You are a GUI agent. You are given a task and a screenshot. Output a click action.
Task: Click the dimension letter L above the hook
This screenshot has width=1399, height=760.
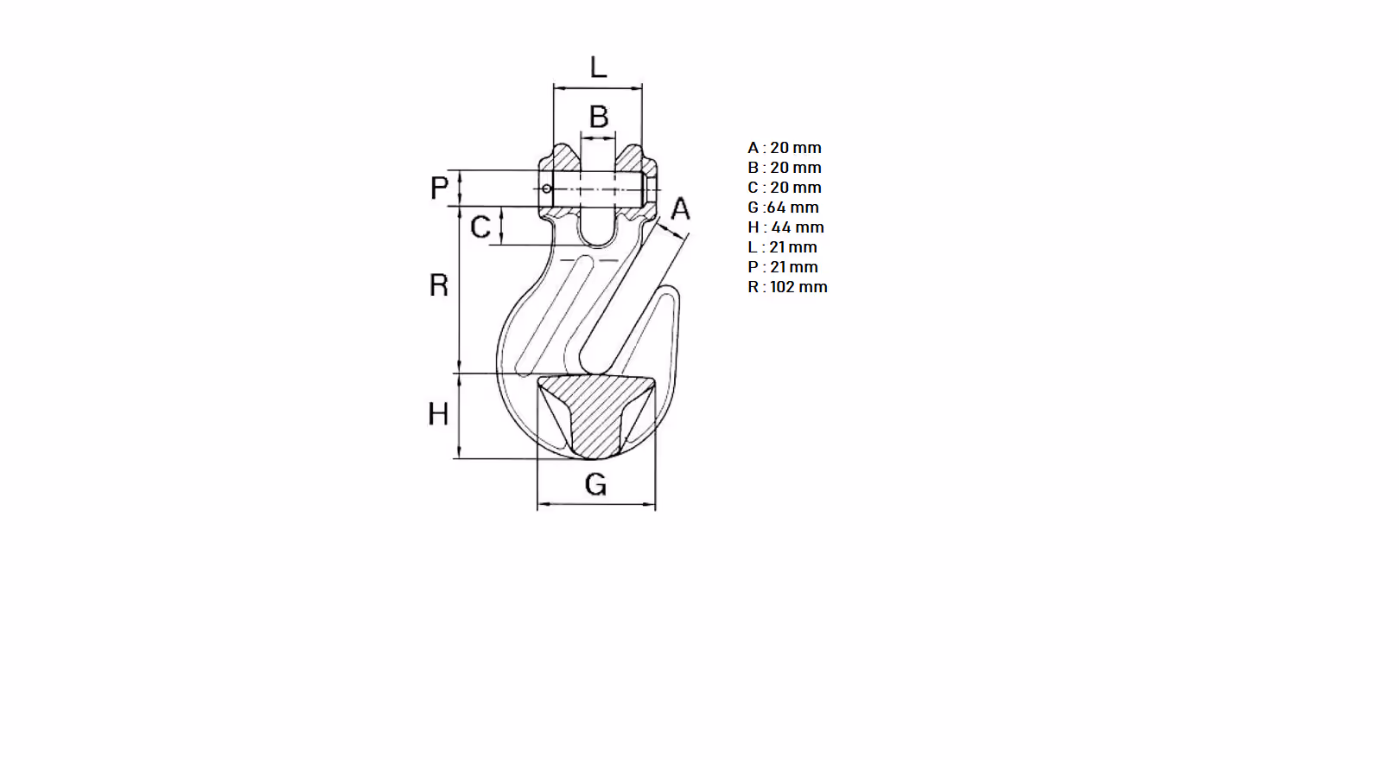(598, 67)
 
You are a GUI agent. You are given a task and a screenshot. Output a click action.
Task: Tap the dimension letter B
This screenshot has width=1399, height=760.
(599, 117)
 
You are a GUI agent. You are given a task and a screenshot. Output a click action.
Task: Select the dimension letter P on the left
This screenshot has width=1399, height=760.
(439, 188)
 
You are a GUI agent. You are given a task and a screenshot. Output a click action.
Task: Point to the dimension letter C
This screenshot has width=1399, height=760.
(480, 227)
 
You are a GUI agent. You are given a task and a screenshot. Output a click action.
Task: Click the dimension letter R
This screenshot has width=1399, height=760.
(439, 285)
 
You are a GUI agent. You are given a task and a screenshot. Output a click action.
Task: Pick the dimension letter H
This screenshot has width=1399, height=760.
(438, 414)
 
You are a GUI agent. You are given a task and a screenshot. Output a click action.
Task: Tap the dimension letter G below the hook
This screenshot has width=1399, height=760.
(596, 484)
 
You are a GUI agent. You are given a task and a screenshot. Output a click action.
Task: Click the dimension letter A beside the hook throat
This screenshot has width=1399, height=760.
(680, 208)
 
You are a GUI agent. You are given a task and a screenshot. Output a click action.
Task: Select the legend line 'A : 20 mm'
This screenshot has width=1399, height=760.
(785, 148)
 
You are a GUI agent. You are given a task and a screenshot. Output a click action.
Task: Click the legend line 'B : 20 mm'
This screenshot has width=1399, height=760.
(785, 168)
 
